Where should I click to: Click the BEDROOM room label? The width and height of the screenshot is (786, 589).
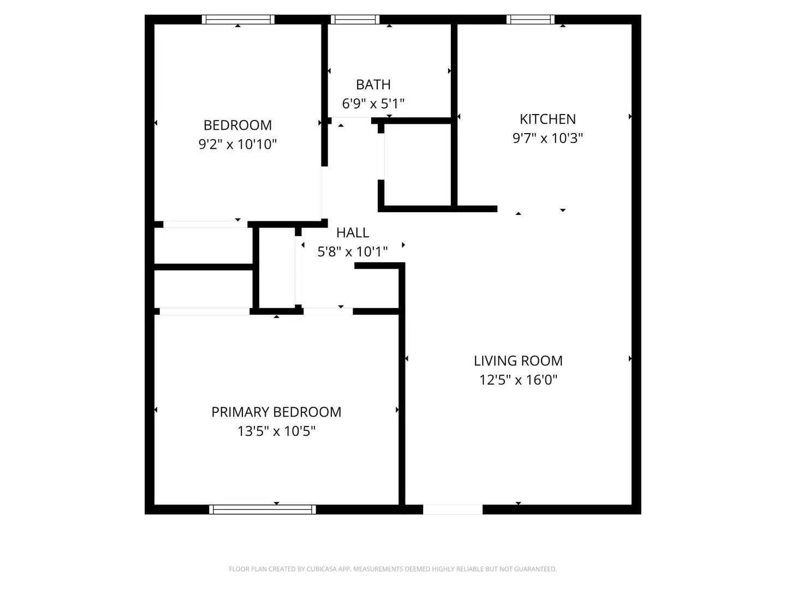pyautogui.click(x=237, y=125)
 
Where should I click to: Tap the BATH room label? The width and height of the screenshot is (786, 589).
pyautogui.click(x=373, y=85)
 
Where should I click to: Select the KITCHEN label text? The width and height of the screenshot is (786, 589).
pyautogui.click(x=547, y=119)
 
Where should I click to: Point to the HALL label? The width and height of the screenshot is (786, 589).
pyautogui.click(x=353, y=232)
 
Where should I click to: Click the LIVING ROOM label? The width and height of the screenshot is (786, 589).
pyautogui.click(x=518, y=360)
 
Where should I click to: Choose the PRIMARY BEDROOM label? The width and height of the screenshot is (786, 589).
pyautogui.click(x=276, y=412)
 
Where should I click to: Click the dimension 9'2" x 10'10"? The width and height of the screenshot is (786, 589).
pyautogui.click(x=237, y=145)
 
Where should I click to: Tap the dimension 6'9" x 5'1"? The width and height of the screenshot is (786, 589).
pyautogui.click(x=373, y=104)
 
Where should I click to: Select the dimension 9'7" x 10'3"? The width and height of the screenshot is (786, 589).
pyautogui.click(x=547, y=138)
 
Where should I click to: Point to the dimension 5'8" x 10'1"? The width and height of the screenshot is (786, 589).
pyautogui.click(x=353, y=251)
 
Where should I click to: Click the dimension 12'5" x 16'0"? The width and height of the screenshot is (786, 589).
pyautogui.click(x=518, y=380)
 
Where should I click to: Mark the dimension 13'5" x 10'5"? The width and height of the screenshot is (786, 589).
pyautogui.click(x=276, y=431)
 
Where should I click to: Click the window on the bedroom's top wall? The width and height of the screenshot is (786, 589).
pyautogui.click(x=238, y=20)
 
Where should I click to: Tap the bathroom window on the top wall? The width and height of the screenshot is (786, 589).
pyautogui.click(x=355, y=20)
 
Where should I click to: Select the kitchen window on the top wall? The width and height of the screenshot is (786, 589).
pyautogui.click(x=530, y=20)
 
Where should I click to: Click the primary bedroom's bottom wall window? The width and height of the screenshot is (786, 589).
pyautogui.click(x=263, y=509)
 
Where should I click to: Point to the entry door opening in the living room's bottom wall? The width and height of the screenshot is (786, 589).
pyautogui.click(x=452, y=509)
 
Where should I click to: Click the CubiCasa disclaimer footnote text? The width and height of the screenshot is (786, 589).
pyautogui.click(x=392, y=569)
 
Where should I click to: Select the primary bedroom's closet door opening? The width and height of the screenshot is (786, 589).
pyautogui.click(x=205, y=311)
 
